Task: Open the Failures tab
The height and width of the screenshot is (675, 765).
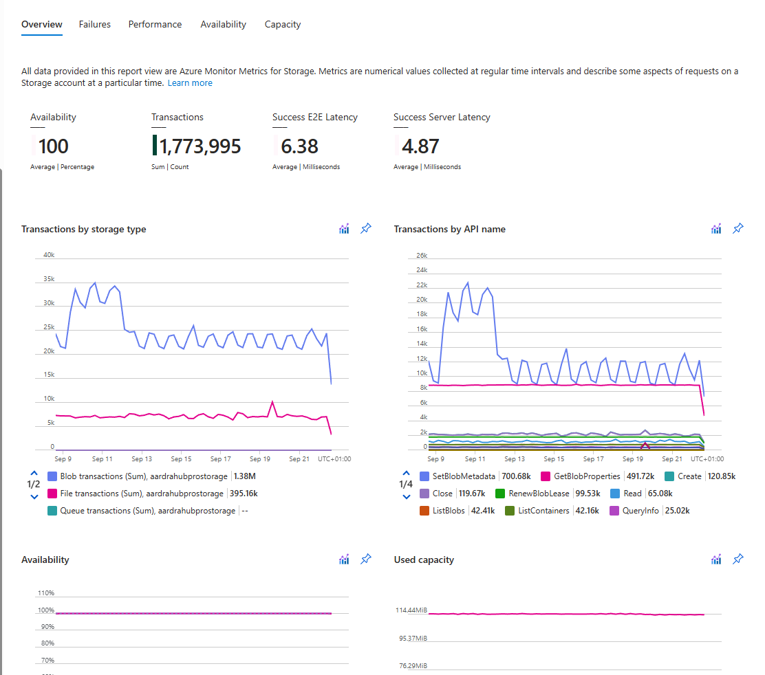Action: [x=95, y=24]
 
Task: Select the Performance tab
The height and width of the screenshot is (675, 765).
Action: [x=155, y=24]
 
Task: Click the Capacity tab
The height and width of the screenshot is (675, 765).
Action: [x=283, y=24]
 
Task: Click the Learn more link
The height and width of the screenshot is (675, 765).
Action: [x=190, y=83]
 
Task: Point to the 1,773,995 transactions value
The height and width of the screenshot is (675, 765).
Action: [x=200, y=146]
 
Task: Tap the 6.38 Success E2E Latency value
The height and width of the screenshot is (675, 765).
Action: [x=299, y=146]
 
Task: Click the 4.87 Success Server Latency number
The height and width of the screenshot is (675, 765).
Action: [x=420, y=146]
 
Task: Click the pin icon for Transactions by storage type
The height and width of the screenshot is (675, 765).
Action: [x=366, y=228]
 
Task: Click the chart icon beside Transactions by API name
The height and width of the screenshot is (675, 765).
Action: [x=716, y=229]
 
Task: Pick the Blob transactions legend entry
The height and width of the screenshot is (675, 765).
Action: [x=152, y=476]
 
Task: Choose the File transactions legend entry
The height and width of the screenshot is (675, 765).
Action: [x=153, y=494]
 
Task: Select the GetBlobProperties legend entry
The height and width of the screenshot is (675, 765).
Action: [x=598, y=476]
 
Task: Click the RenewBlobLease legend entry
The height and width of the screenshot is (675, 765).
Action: [x=548, y=494]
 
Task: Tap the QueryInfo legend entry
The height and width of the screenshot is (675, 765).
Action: [x=650, y=511]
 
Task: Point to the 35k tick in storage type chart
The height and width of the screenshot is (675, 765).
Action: [x=49, y=279]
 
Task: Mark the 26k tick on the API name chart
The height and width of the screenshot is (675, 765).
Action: [x=422, y=256]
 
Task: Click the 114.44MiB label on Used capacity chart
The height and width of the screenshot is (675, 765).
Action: [x=411, y=610]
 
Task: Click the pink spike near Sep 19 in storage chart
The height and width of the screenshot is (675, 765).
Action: [x=272, y=402]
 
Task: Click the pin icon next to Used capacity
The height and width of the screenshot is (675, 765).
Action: [x=738, y=559]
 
